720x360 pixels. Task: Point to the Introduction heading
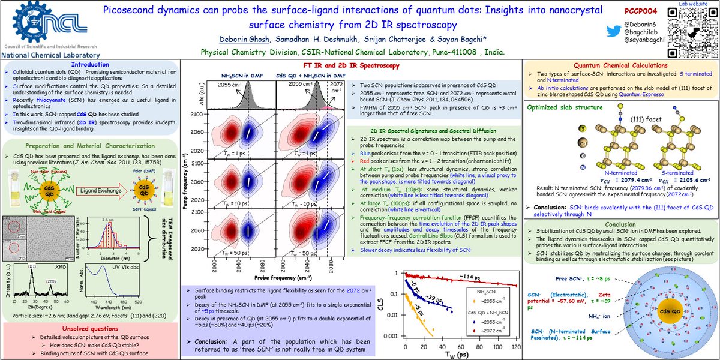(90, 65)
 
